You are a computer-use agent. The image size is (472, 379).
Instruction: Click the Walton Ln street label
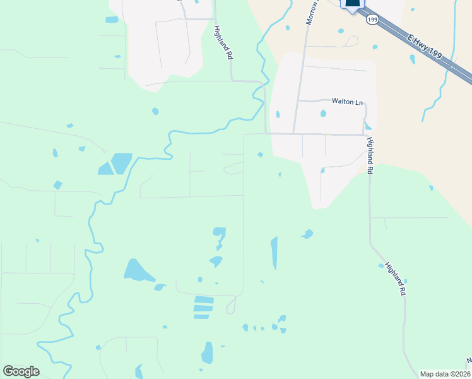coord(348,101)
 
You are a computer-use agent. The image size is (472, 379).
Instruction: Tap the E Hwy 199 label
coord(425,47)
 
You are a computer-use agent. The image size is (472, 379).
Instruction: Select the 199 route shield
coord(373,20)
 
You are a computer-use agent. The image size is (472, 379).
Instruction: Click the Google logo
coord(21,371)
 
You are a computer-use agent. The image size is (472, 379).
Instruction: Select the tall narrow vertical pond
coord(274,253)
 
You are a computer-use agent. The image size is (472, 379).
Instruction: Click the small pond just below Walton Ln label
coord(324,114)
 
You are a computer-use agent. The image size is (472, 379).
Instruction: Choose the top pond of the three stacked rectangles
coord(204,299)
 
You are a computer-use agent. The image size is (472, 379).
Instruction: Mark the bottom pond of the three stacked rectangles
coord(202,316)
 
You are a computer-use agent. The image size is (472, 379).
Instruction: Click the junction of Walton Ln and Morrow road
coord(298,100)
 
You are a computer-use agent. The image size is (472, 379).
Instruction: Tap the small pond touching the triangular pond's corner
coord(160,287)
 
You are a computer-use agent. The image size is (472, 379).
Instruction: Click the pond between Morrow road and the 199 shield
coord(341,30)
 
